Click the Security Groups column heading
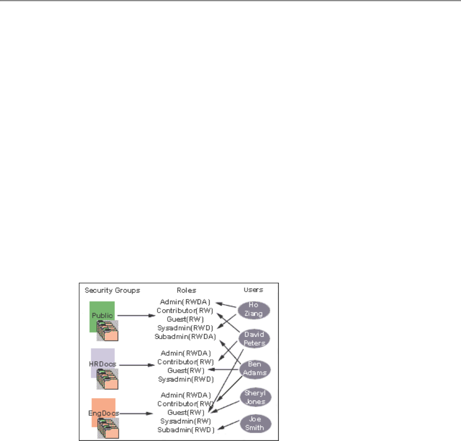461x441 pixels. click(112, 290)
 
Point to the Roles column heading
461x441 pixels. click(186, 290)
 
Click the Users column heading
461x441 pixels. click(253, 290)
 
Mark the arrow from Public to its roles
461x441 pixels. click(136, 316)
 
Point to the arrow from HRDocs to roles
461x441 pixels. click(136, 365)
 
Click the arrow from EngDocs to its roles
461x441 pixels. click(136, 414)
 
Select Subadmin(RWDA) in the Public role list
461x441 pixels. click(186, 337)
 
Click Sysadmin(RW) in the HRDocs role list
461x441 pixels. click(186, 379)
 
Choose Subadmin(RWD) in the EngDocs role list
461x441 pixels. click(186, 430)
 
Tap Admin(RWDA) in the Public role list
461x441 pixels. click(186, 302)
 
